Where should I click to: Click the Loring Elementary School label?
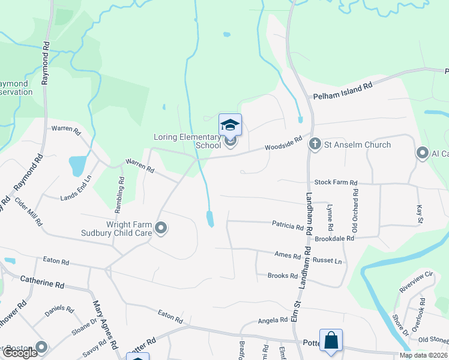[187, 141]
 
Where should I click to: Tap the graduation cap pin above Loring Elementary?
[230, 125]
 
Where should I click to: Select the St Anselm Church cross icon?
[315, 145]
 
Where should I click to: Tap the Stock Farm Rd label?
[336, 182]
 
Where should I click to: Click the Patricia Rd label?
[288, 227]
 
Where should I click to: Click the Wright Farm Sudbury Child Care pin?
[160, 228]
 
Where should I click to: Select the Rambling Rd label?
[121, 188]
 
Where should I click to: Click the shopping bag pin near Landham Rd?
[331, 341]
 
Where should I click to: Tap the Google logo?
[20, 353]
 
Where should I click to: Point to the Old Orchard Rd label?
[355, 211]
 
